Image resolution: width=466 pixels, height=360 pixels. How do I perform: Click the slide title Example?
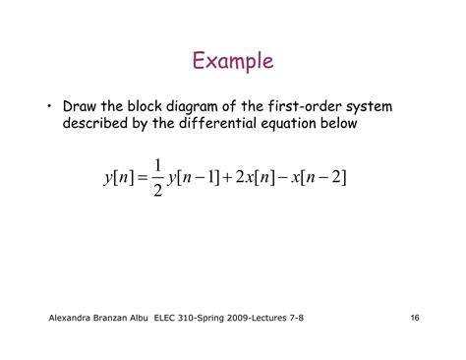coord(232,62)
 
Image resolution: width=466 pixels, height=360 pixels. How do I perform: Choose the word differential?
coord(228,124)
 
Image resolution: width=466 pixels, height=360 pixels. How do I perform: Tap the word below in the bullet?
coord(343,124)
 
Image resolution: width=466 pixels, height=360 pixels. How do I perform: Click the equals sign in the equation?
coord(157,177)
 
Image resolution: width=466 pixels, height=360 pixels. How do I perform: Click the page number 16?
coord(415,320)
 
